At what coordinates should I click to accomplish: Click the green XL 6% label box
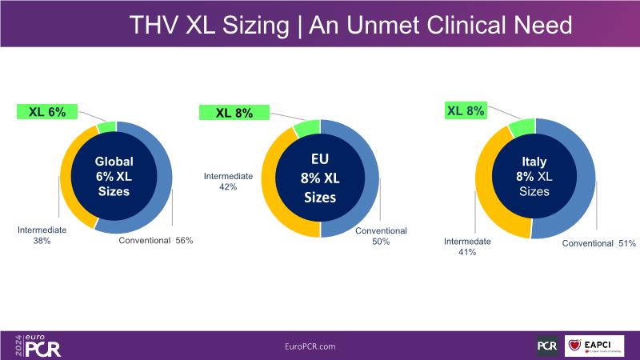pyautogui.click(x=47, y=112)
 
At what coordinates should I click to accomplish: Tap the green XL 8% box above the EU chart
pyautogui.click(x=235, y=113)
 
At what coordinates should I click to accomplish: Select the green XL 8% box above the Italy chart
pyautogui.click(x=466, y=111)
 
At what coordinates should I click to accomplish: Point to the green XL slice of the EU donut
pyautogui.click(x=306, y=128)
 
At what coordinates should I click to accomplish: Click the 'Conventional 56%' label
pyautogui.click(x=156, y=240)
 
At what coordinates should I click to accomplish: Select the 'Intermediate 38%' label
pyautogui.click(x=42, y=235)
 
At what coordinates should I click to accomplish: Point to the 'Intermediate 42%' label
pyautogui.click(x=228, y=182)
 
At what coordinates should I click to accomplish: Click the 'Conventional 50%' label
pyautogui.click(x=381, y=236)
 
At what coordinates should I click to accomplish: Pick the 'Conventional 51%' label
pyautogui.click(x=598, y=243)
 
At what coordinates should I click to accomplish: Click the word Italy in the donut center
pyautogui.click(x=534, y=162)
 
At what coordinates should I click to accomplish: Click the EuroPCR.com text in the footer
pyautogui.click(x=310, y=346)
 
